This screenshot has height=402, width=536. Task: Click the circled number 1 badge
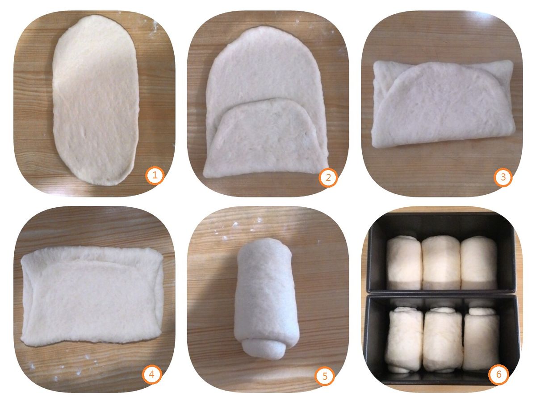pos(155,175)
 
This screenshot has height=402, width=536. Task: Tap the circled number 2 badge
pos(328,177)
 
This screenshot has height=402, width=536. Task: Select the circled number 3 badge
pos(503,177)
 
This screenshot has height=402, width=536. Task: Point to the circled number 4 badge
pos(152,374)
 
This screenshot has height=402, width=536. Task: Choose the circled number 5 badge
pos(325,376)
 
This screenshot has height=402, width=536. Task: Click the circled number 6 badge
pos(498,374)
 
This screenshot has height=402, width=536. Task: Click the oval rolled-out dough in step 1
pos(95,100)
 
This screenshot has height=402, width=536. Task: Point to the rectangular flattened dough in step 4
pos(92,297)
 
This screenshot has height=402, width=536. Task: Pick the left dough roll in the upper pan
pos(404,262)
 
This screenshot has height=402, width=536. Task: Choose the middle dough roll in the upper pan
pos(441,262)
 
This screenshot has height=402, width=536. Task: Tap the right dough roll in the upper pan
pos(479,262)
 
